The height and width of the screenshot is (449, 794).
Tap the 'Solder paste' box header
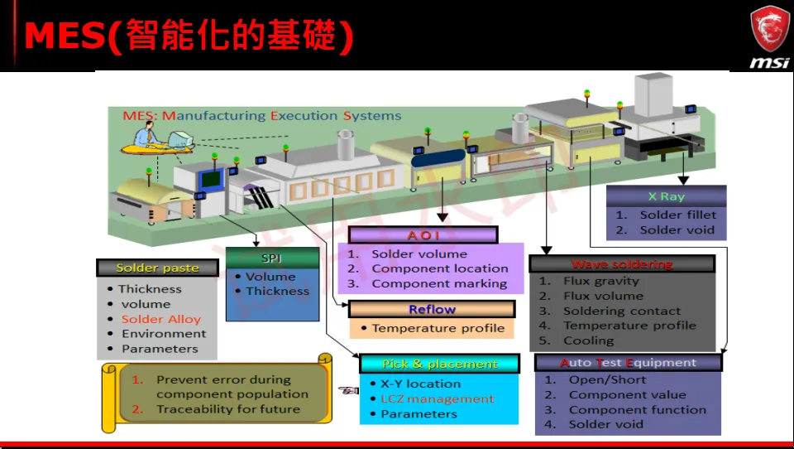coord(158,268)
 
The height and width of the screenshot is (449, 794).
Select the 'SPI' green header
coord(271,258)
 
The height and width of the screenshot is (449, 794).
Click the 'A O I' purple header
coord(423,235)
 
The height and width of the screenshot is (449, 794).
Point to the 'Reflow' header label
coord(432,310)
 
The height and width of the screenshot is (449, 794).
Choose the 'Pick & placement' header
coord(439,364)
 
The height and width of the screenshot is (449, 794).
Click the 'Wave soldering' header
coord(621,264)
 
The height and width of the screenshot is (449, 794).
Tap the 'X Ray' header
coord(666,197)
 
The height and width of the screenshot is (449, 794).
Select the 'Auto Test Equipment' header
coord(628,363)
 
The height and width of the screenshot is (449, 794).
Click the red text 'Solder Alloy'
coord(161,319)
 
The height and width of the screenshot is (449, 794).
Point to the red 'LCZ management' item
coord(437,398)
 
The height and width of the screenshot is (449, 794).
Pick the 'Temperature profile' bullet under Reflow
coord(438,328)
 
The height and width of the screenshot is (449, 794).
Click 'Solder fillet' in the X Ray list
coord(677,215)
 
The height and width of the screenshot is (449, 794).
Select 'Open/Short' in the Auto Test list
coord(607,379)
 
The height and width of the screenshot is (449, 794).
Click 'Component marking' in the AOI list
coord(439,283)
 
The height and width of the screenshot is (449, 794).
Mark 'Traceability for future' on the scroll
coord(227,409)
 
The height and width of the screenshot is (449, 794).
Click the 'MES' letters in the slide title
coord(65,36)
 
